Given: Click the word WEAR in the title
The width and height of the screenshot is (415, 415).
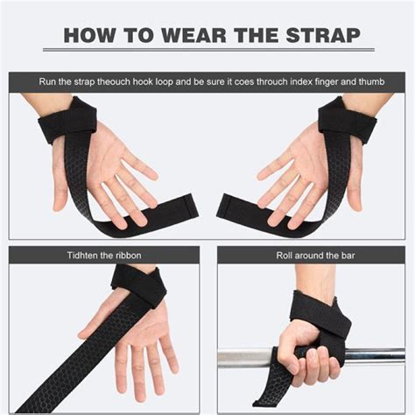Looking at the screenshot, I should [x=207, y=36].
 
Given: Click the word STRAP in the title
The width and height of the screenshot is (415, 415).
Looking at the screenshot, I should [x=322, y=36].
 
